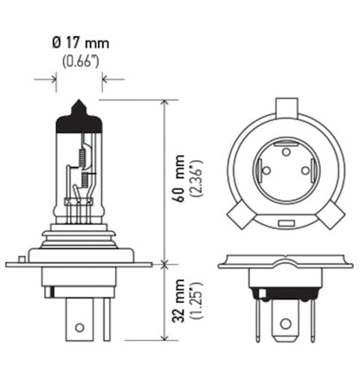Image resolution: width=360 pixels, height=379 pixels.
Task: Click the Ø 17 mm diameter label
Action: pyautogui.click(x=80, y=42)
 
